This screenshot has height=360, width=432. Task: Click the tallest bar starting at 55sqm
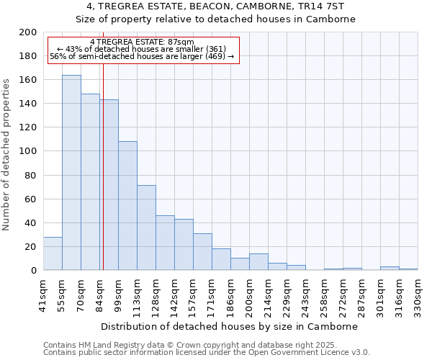(x=71, y=173)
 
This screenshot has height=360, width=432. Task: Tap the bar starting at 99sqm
(x=127, y=206)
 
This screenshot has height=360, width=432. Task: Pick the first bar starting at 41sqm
(x=53, y=253)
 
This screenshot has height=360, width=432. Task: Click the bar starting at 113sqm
(x=146, y=228)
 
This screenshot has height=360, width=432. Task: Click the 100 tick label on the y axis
(x=28, y=151)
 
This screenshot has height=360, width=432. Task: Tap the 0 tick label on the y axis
(x=33, y=271)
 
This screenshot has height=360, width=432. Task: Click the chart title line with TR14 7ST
(x=216, y=6)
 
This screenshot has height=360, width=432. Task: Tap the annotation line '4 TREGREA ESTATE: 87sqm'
(x=142, y=42)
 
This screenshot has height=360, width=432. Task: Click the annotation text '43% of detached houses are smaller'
(x=142, y=49)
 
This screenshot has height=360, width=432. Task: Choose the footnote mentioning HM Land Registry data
(x=189, y=345)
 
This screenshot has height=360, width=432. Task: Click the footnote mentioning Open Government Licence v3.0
(x=207, y=353)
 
